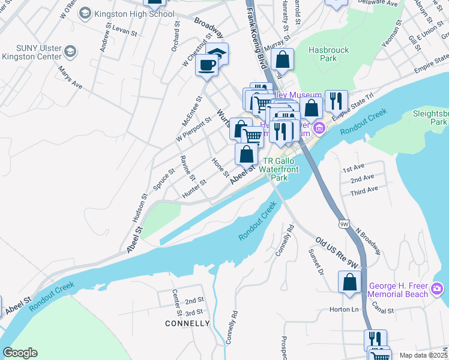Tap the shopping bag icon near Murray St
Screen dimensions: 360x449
pos(282,60)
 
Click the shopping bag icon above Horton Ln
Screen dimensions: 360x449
pos(350,283)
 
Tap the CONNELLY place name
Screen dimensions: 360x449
pos(188,323)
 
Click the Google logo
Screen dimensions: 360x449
pos(20,353)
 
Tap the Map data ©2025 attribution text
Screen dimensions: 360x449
pos(423,355)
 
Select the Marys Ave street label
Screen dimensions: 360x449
pos(70,77)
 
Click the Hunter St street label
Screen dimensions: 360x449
pos(194,188)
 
